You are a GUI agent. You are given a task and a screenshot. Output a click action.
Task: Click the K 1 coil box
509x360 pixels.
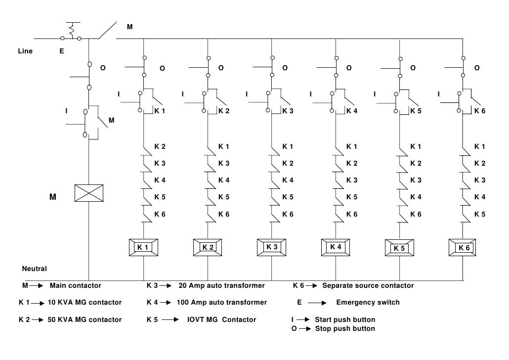[143, 247]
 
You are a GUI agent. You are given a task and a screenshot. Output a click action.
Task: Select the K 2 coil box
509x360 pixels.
[208, 247]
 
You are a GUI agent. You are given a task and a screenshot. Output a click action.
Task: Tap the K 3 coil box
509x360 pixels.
[272, 247]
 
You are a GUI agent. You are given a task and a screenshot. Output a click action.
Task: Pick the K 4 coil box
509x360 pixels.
[336, 246]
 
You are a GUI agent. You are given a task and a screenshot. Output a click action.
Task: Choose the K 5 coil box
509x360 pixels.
[399, 248]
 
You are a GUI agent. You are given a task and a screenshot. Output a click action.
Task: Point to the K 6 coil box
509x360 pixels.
[464, 247]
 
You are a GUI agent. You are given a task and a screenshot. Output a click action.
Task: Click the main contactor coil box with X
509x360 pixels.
[88, 193]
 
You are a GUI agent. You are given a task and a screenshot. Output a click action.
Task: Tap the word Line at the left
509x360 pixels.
[25, 51]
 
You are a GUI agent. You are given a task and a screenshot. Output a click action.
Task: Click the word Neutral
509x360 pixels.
[35, 269]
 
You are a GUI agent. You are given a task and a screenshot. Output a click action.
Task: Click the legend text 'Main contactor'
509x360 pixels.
[75, 285]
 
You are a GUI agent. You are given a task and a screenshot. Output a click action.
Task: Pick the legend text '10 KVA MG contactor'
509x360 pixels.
[84, 302]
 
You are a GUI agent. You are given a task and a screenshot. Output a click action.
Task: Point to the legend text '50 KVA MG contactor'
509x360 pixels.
[84, 319]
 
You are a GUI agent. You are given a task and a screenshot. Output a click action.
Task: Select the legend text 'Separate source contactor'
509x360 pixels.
[368, 285]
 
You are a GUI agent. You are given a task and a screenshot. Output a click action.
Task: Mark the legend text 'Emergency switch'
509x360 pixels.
[368, 302]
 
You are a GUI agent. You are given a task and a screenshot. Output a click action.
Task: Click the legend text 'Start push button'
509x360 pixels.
[345, 319]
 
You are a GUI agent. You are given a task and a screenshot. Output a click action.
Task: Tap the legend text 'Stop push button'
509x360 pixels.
[344, 328]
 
